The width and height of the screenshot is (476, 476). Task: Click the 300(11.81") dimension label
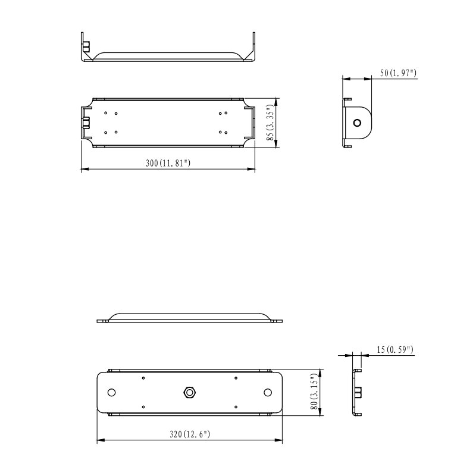168,163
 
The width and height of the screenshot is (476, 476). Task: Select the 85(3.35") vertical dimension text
270,123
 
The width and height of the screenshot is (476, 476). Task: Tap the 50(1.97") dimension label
398,73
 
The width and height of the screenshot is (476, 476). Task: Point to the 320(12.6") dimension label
190,434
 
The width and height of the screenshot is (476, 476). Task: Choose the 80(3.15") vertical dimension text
314,392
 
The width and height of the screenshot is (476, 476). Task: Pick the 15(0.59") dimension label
395,349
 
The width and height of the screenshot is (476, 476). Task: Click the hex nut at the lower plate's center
189,393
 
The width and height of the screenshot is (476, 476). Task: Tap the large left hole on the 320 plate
112,393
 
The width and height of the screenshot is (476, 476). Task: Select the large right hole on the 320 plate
267,393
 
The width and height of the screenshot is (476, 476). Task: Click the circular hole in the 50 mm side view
358,123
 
